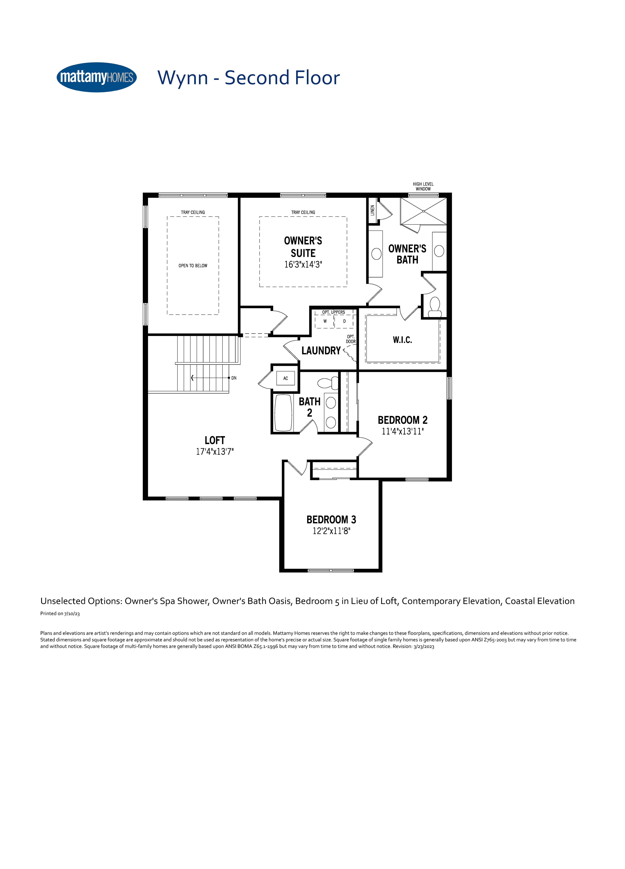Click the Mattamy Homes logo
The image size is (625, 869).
point(96,77)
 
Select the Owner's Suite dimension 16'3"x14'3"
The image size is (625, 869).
point(303,264)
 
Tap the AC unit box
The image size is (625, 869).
point(285,378)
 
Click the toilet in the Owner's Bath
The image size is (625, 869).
point(435,307)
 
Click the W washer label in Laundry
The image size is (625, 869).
point(325,321)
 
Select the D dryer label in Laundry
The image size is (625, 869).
point(345,321)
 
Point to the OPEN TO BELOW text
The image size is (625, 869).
point(193,265)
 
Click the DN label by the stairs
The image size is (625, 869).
point(234,378)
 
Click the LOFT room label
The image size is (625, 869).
point(215,440)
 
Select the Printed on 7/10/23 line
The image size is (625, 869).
point(60,613)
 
